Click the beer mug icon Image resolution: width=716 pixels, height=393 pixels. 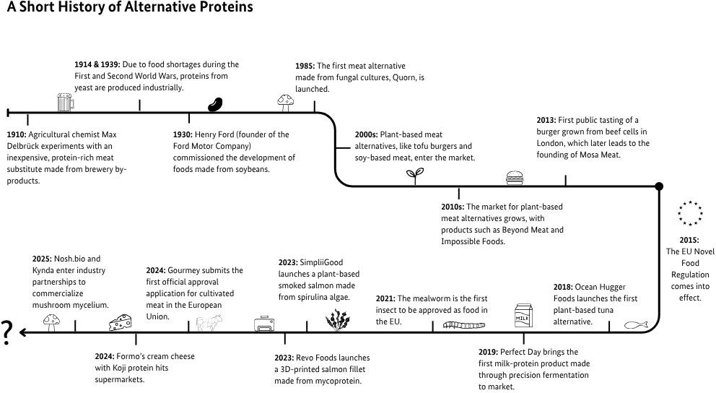66,102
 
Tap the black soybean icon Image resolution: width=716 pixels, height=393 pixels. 215,105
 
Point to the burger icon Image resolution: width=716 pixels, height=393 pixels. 515,177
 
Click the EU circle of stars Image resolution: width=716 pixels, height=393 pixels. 689,214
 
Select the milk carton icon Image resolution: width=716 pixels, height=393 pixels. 523,316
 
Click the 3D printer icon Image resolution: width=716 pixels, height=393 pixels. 264,324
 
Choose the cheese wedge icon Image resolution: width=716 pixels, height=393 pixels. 120,322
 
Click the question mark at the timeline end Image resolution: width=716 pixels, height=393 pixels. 8,333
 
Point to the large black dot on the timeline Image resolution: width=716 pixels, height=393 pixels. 658,187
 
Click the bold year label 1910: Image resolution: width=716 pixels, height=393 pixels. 17,134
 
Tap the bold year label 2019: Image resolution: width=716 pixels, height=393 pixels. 490,352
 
